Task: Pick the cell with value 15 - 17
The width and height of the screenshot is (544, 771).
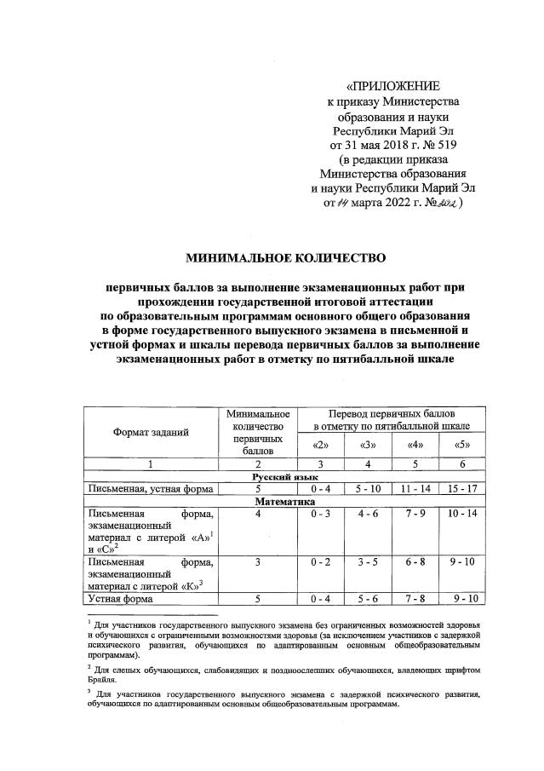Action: click(462, 490)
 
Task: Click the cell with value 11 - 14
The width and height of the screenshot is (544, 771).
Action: click(415, 490)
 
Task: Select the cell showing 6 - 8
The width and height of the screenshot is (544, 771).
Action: click(415, 562)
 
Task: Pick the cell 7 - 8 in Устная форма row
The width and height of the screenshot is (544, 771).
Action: click(415, 599)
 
